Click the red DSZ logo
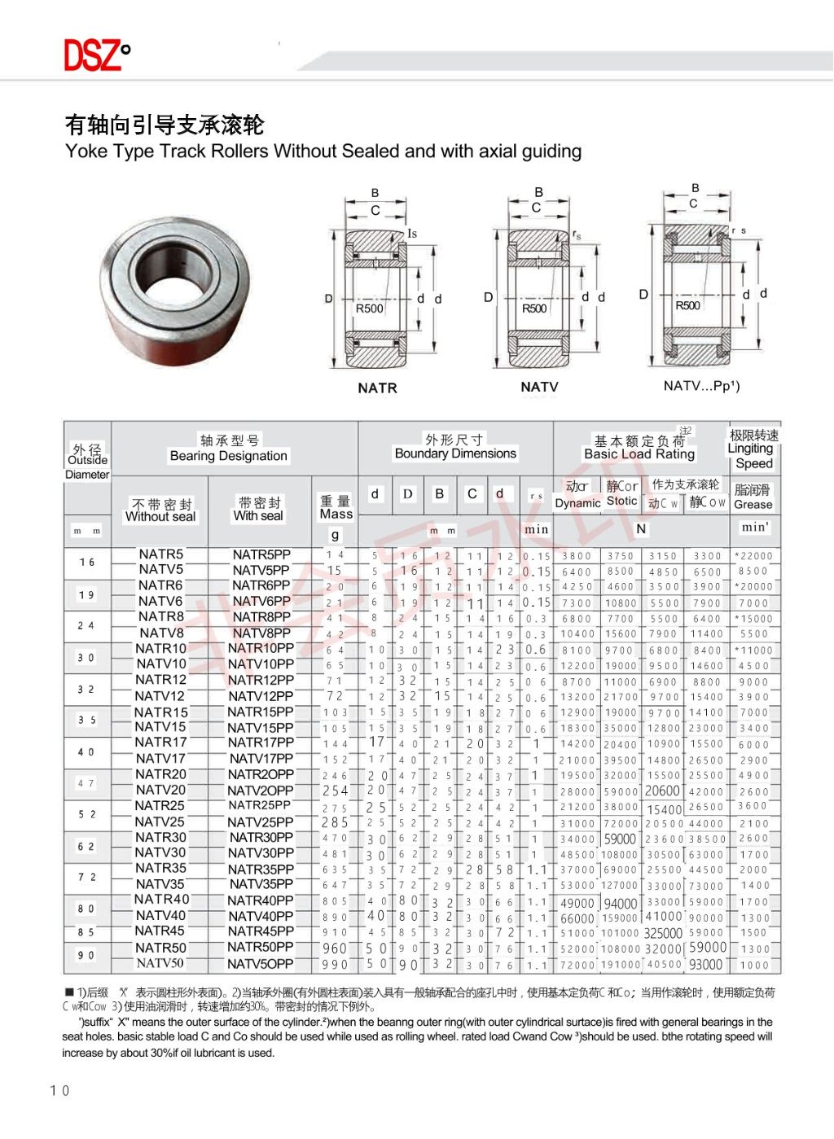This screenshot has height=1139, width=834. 96,55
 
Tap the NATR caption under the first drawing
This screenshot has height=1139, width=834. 377,388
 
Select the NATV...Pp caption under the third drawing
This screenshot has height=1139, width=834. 701,386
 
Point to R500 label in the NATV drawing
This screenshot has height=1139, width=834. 534,309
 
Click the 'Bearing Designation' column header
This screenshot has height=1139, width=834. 228,456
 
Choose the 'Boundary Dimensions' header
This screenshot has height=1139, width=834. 455,453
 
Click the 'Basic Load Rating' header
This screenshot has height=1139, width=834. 639,454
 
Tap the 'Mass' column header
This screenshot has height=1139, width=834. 336,514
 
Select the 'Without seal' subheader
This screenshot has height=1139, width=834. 160,517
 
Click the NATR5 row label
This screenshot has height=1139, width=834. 160,554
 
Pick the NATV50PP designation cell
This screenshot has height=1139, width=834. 261,964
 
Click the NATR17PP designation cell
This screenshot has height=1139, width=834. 261,743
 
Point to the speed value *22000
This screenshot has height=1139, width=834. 753,556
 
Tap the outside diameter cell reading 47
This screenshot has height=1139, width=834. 86,783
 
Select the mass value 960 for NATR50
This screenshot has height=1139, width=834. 335,948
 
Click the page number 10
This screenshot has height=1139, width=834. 59,1090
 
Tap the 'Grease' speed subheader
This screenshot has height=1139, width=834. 753,505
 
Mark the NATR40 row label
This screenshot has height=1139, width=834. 161,900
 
